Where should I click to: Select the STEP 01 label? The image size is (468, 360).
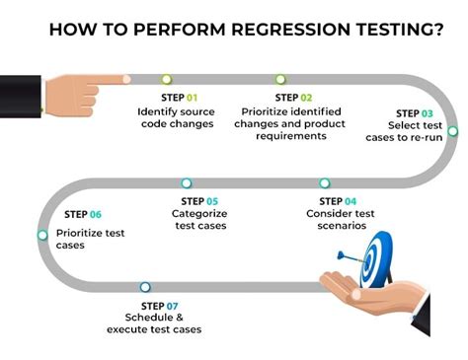(x=179, y=98)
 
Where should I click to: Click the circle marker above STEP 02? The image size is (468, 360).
(x=280, y=79)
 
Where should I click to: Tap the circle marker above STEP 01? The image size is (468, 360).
(x=166, y=79)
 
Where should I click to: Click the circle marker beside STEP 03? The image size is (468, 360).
(x=452, y=130)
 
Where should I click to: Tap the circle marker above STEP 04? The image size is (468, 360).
(x=325, y=182)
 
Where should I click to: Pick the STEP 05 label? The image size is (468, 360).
(x=199, y=200)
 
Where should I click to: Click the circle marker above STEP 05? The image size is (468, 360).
(x=187, y=182)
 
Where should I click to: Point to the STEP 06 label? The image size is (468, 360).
(x=83, y=214)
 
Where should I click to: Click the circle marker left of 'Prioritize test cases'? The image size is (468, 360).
(x=42, y=235)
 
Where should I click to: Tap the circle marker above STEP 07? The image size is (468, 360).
(x=145, y=287)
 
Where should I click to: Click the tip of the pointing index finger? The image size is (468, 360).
(x=129, y=79)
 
